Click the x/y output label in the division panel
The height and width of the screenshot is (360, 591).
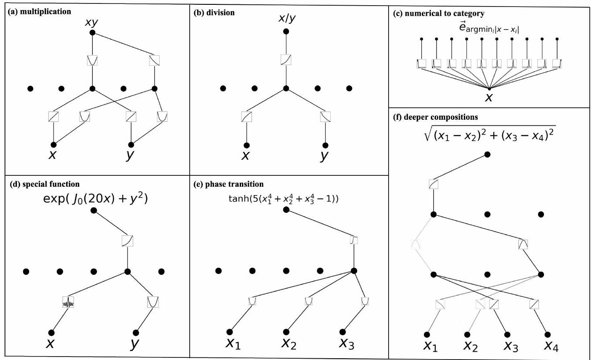[285, 19]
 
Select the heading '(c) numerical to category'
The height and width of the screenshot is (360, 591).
[439, 13]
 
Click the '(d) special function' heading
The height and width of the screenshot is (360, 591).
[45, 184]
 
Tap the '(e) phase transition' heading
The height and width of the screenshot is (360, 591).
[228, 184]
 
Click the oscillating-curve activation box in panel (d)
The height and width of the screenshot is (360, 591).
[68, 302]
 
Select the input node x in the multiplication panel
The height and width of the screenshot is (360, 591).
[53, 144]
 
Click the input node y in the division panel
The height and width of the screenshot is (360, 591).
[325, 145]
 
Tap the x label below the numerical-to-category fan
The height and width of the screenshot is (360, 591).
[489, 97]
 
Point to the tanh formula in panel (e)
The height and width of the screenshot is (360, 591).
[284, 199]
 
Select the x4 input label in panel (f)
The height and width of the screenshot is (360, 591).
[551, 347]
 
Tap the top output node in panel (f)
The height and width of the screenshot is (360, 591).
[487, 155]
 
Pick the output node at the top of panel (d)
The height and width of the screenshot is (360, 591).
[94, 210]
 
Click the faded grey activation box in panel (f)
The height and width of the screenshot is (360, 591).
[416, 245]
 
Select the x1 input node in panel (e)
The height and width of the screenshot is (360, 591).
[230, 332]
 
